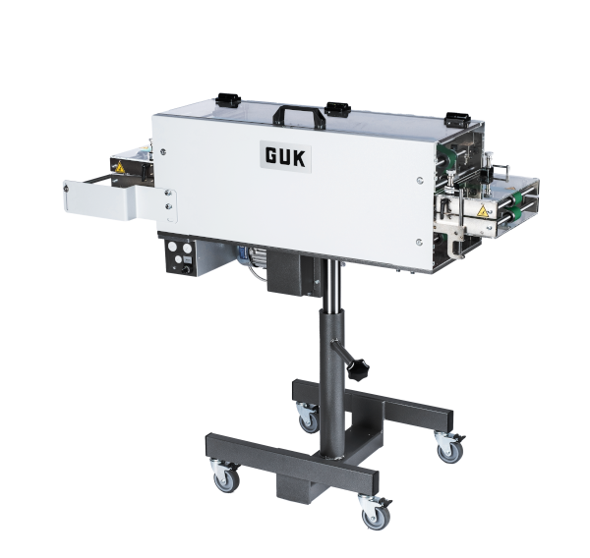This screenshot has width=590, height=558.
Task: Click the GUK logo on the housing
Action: (285, 157)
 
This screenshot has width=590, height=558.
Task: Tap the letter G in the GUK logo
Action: (271, 156)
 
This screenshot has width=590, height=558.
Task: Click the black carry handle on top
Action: (299, 115)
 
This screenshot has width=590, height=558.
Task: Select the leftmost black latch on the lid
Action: (228, 99)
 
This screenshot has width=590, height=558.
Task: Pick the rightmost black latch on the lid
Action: (457, 120)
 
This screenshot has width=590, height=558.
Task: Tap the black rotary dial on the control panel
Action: (185, 269)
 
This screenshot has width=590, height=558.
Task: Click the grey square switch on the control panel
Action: (188, 259)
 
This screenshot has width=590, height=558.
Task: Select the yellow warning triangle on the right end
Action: (482, 212)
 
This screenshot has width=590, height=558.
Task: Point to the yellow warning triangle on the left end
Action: (120, 167)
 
